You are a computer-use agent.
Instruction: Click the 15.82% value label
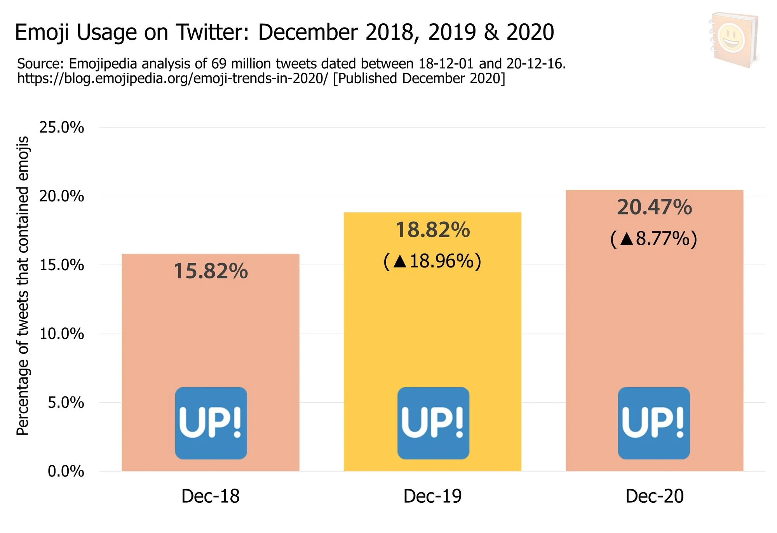coord(211,271)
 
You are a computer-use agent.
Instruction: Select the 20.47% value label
coord(654,207)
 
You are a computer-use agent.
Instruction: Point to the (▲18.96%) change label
coord(432,261)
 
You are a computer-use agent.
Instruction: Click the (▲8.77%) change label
coord(654,238)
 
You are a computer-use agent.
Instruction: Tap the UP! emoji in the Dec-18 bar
coord(211,423)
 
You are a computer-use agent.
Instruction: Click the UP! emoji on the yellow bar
coord(433,423)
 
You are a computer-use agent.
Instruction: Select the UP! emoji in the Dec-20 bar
coord(654,423)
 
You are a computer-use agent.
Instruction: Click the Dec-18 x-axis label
coord(211,496)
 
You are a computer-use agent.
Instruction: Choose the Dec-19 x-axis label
coord(432,496)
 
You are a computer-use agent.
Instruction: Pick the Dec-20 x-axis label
coord(654,496)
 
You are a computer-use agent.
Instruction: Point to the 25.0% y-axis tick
coord(62,128)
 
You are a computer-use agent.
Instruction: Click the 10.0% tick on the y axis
coord(62,334)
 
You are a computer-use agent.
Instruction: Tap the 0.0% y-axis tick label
coord(66,471)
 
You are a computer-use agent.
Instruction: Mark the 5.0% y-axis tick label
coord(66,402)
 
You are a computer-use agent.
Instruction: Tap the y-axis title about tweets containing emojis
coord(23,286)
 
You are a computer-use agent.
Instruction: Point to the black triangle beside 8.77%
coord(627,239)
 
